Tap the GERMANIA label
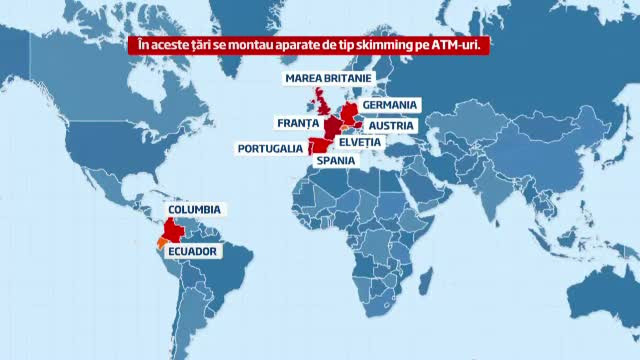click(x=389, y=104)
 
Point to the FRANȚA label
click(x=295, y=123)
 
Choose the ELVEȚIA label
click(x=354, y=142)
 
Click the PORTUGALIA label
click(x=270, y=149)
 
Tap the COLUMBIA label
click(x=194, y=209)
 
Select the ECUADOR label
click(x=191, y=251)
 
